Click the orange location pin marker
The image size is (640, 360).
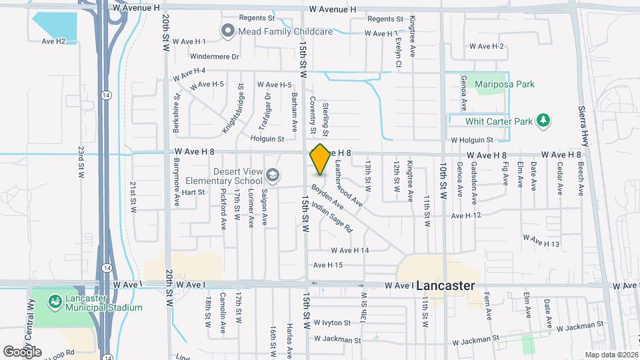(x=320, y=159)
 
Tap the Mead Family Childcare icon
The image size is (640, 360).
(x=227, y=30)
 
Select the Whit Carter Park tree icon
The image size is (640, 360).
(x=545, y=121)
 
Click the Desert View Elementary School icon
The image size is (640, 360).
(x=271, y=175)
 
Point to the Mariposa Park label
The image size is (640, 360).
(x=505, y=84)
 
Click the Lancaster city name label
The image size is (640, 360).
(x=446, y=285)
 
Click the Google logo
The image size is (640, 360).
(x=22, y=351)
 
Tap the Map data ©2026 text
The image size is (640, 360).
(x=611, y=355)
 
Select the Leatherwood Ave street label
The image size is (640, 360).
(x=348, y=182)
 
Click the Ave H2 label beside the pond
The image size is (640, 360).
(x=53, y=41)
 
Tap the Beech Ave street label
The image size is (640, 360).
(x=581, y=179)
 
